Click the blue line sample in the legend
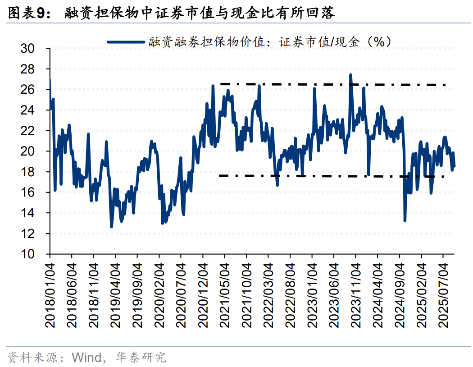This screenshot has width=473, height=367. point(127,42)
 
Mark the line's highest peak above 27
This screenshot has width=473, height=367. point(350,75)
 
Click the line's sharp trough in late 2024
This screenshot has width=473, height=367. point(405,220)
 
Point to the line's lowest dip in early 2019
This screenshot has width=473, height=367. point(111,226)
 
